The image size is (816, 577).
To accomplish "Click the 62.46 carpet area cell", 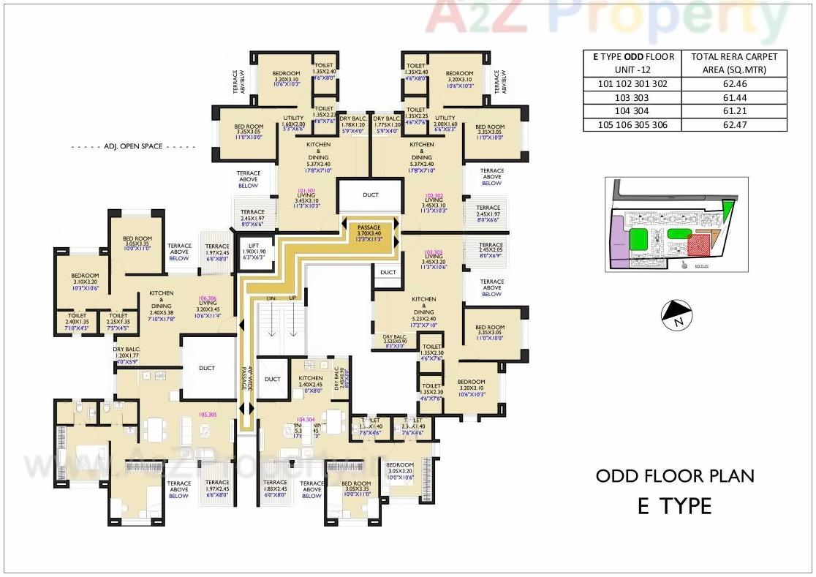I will (x=733, y=84).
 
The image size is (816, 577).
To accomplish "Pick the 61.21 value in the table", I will (x=733, y=111).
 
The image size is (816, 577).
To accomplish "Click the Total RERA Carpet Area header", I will (x=733, y=63).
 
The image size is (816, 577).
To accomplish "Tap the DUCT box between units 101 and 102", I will (x=370, y=195).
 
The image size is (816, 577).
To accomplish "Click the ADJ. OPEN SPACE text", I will (x=132, y=147).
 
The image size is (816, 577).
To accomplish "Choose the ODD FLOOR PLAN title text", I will (x=674, y=476).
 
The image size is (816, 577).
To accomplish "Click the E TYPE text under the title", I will (x=674, y=505).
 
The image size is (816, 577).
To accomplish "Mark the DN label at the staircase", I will (x=271, y=299).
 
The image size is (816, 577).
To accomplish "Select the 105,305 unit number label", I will (x=207, y=415).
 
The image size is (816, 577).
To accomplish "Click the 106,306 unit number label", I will (x=207, y=298).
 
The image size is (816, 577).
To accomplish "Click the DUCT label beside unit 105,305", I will (x=207, y=369).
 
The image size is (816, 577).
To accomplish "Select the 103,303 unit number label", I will (x=433, y=252).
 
